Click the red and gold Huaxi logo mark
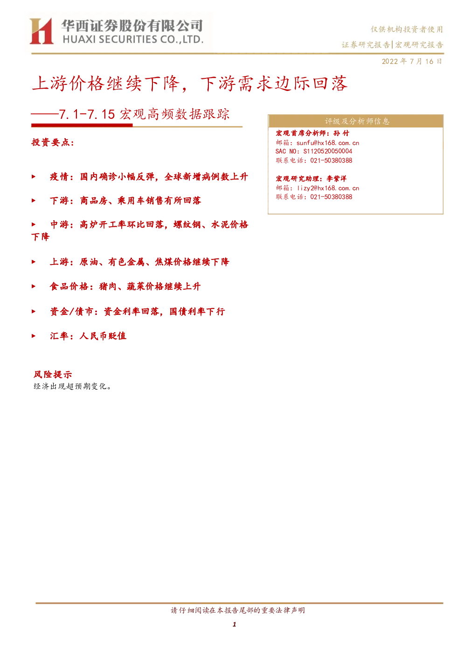point(41,31)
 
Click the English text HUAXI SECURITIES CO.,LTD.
point(133,40)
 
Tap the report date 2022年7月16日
point(412,62)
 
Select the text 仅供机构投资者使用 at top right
point(407,29)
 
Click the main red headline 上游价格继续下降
point(106,84)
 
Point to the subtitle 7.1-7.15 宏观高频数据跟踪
point(145,114)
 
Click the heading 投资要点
point(53,142)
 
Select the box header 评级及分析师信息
point(357,121)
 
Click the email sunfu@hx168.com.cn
point(328,143)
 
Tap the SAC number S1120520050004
point(328,152)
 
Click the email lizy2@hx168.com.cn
point(328,188)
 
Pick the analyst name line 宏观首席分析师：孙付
point(312,133)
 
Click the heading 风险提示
point(53,374)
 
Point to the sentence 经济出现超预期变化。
point(72,386)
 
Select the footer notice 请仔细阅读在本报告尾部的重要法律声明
point(238,610)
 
